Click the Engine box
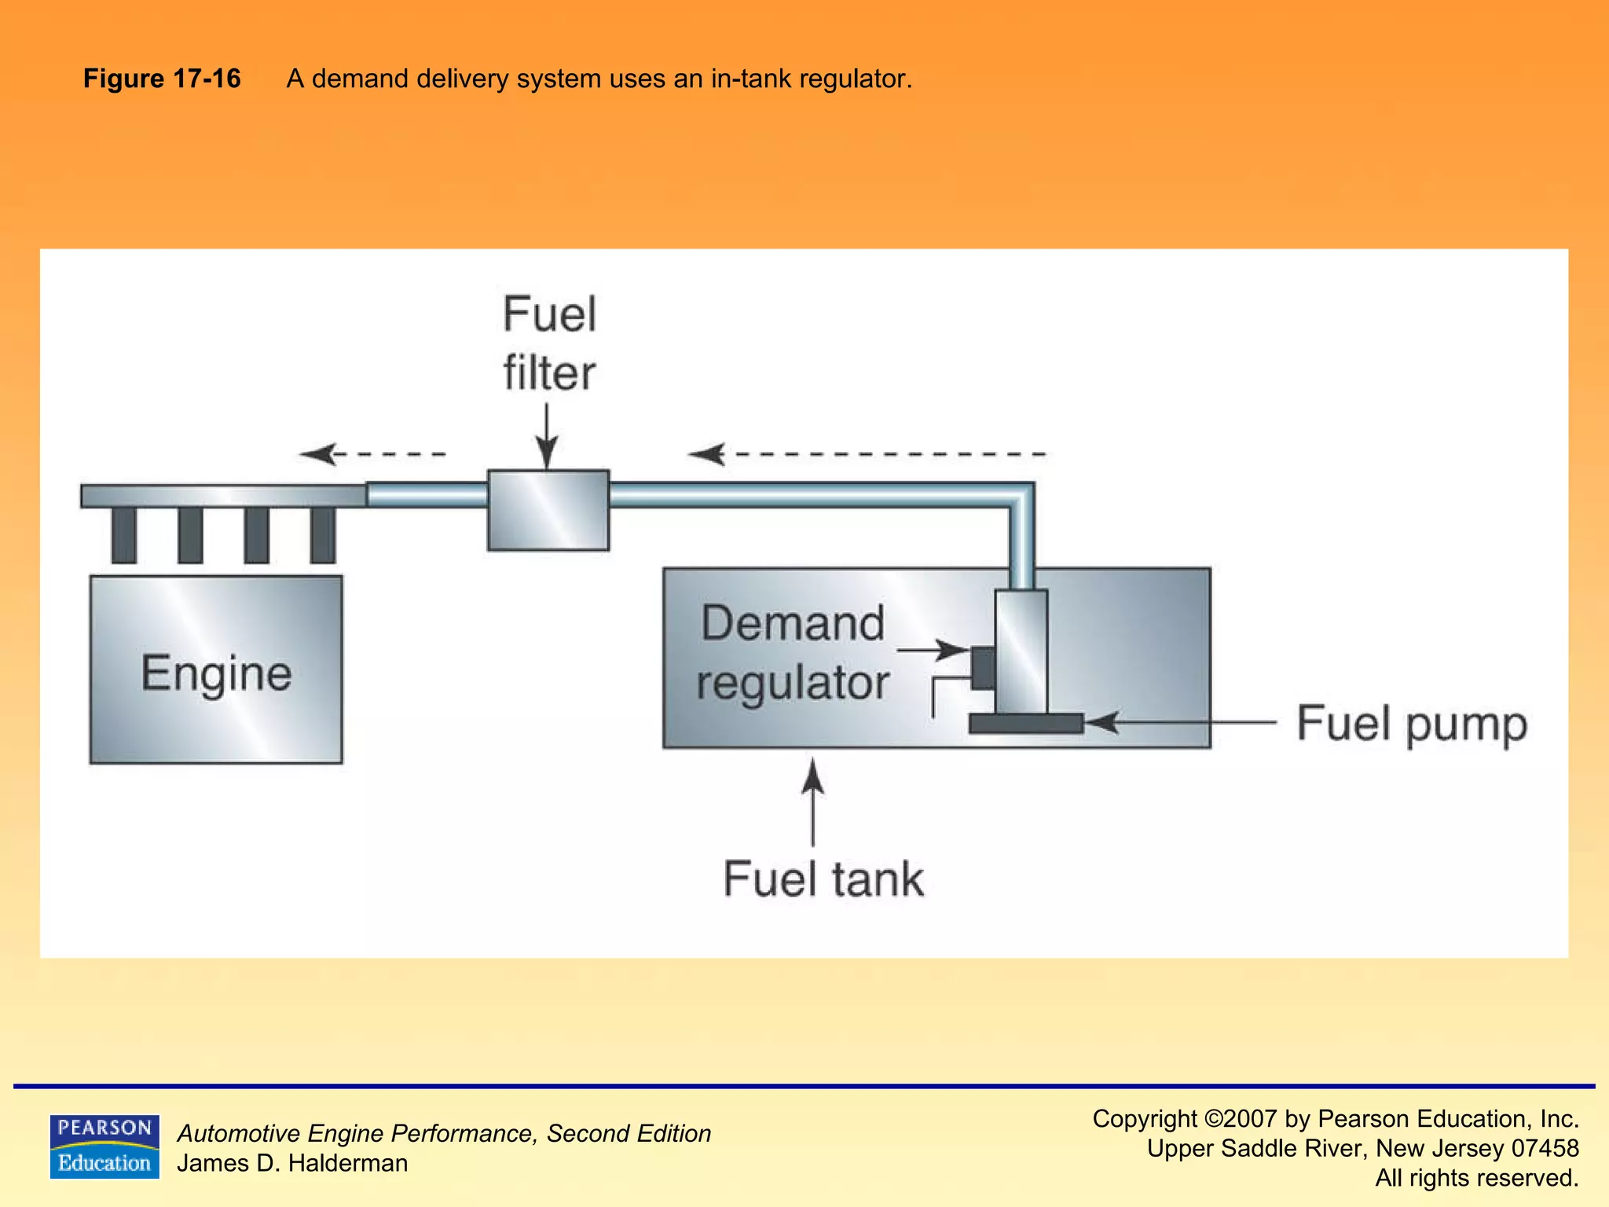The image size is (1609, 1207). [x=216, y=670]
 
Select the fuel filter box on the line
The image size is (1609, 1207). [x=548, y=510]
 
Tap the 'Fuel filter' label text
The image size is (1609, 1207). [x=549, y=343]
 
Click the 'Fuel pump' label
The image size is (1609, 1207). [x=1411, y=724]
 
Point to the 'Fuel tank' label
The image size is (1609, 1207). [x=823, y=879]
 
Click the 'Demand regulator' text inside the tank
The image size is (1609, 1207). [x=793, y=652]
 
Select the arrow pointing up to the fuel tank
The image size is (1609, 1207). [x=813, y=802]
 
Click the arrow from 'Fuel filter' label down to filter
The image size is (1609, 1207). [x=547, y=436]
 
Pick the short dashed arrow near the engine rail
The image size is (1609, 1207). [x=372, y=454]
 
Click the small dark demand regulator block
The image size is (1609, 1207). [x=983, y=668]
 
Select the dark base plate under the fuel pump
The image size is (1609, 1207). [x=1025, y=724]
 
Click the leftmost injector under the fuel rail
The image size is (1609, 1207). [x=124, y=534]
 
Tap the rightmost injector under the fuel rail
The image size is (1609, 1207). [x=323, y=534]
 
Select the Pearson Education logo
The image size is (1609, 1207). [x=104, y=1146]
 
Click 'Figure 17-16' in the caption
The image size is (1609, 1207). [x=162, y=79]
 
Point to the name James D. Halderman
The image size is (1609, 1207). [x=292, y=1163]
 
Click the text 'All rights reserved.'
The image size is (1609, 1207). [x=1476, y=1178]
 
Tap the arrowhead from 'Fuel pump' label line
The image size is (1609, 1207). [x=1101, y=722]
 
